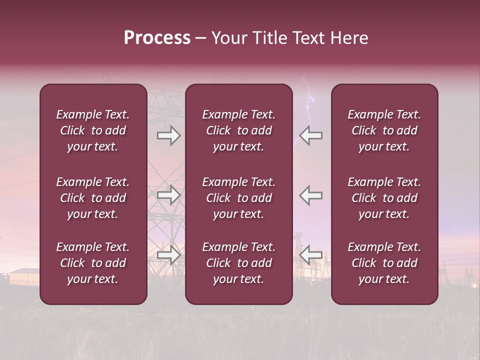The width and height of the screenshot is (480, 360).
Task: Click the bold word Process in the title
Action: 157,38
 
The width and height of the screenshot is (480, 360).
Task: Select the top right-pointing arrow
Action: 168,135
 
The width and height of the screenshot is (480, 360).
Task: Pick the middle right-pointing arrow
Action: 168,194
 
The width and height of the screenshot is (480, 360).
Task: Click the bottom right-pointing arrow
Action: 168,255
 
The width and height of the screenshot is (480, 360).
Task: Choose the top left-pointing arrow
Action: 310,135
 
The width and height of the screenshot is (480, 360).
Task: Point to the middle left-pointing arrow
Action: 310,194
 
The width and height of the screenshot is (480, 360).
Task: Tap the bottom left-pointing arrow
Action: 310,255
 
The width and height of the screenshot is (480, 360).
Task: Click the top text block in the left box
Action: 93,130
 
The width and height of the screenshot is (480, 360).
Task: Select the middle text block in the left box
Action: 93,198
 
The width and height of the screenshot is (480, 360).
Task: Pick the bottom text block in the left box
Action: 93,263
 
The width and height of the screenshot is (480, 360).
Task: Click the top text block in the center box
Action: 238,130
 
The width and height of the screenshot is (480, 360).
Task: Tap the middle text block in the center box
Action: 238,198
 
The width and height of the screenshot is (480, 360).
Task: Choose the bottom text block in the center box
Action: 238,263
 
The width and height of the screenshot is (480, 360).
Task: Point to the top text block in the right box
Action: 384,130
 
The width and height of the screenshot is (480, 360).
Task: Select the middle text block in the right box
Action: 384,198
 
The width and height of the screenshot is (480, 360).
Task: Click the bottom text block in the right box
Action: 384,263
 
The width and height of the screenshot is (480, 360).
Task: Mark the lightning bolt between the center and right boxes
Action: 309,107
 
